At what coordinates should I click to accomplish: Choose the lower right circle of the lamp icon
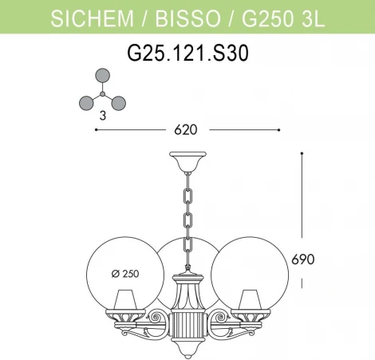click(x=117, y=102)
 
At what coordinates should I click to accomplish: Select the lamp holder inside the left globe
click(x=124, y=302)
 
